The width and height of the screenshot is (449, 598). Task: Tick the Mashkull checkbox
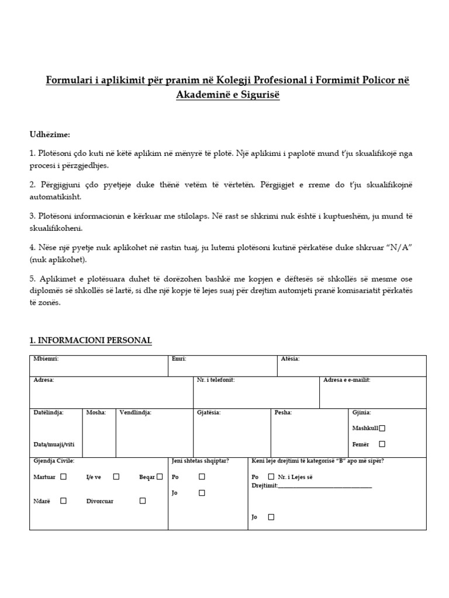tap(382, 428)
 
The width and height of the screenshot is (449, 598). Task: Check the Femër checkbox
tap(382, 444)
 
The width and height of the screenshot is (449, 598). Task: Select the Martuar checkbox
tap(64, 477)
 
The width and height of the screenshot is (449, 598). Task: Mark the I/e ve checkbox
tap(116, 477)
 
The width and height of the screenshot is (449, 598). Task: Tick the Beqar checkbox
tap(159, 477)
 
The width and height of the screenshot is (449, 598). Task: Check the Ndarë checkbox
tap(64, 500)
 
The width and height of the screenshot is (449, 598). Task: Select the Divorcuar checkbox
tap(143, 500)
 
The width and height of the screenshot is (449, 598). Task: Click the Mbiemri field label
tap(46, 359)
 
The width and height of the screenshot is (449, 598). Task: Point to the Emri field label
tap(178, 359)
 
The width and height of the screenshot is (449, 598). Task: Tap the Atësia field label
tap(290, 359)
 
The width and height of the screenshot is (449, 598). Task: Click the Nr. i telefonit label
tap(216, 380)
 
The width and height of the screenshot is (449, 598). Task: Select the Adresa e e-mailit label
tap(347, 380)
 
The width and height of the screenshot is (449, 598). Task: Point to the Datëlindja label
tap(49, 412)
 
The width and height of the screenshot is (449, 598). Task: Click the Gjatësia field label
tap(209, 412)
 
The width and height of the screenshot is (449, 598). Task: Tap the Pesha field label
tap(283, 412)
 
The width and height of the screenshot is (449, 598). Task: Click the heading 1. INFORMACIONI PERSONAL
tap(91, 340)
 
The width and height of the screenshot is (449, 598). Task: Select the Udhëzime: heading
tap(50, 135)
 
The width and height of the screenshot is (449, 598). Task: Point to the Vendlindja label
tap(135, 412)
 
